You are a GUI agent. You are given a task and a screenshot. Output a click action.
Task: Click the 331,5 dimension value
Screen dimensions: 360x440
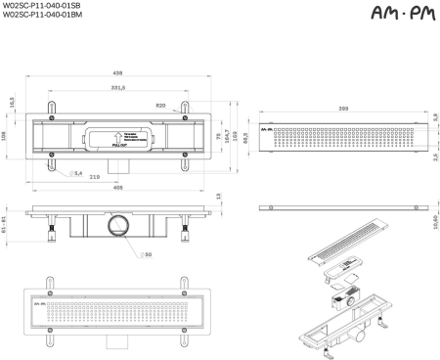(x=117, y=88)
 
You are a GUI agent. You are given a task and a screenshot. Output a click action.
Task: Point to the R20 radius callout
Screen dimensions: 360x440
(x=161, y=105)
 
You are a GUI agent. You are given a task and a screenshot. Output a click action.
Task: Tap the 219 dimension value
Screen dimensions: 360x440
(x=95, y=176)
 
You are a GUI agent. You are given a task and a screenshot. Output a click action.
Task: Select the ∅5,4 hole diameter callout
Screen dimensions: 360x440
(x=76, y=172)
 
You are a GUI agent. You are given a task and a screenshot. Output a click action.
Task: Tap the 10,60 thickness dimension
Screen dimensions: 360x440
(x=434, y=224)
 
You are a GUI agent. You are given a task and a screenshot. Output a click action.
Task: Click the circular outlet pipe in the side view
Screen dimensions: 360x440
(x=117, y=226)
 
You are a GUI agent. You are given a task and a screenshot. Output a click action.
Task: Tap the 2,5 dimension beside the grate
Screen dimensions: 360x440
(x=434, y=157)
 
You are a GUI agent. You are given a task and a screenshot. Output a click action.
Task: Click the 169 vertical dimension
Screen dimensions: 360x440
(x=235, y=135)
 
